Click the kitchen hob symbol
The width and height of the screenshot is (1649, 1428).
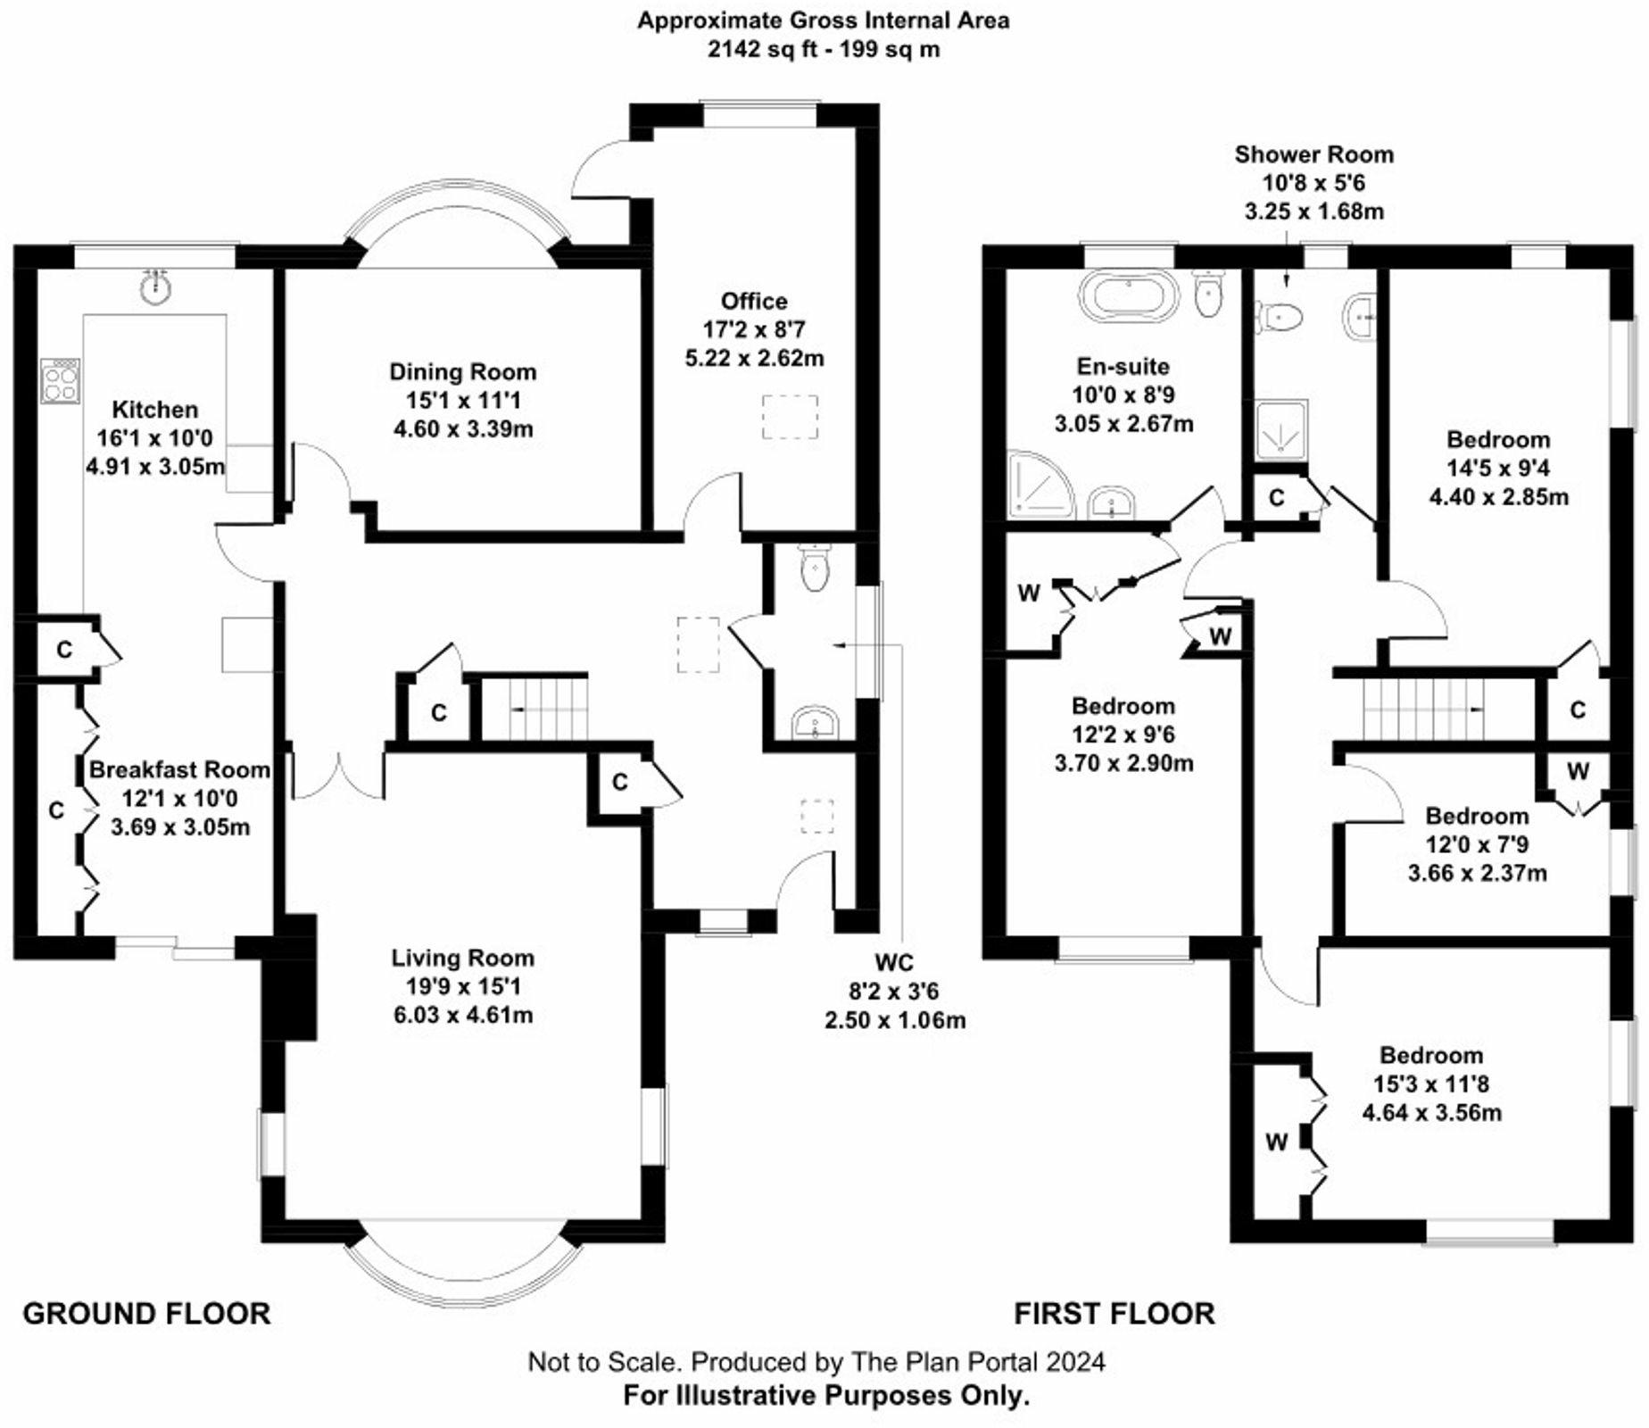tap(61, 381)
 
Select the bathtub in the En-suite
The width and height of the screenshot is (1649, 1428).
tap(1130, 295)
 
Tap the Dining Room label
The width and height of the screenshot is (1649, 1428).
tap(462, 372)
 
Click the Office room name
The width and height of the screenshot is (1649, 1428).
tap(754, 301)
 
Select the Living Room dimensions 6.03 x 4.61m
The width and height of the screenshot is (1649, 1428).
tap(462, 1015)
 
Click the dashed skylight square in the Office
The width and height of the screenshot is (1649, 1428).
tap(790, 417)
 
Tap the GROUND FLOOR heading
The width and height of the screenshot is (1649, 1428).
tap(146, 1314)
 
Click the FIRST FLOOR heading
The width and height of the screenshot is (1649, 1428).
tap(1114, 1314)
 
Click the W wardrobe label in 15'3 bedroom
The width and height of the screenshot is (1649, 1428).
tap(1276, 1142)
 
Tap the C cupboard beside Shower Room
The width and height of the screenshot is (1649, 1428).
tap(1276, 497)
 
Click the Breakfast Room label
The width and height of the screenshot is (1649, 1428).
tap(179, 769)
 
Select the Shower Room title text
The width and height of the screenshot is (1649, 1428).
tap(1313, 154)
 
